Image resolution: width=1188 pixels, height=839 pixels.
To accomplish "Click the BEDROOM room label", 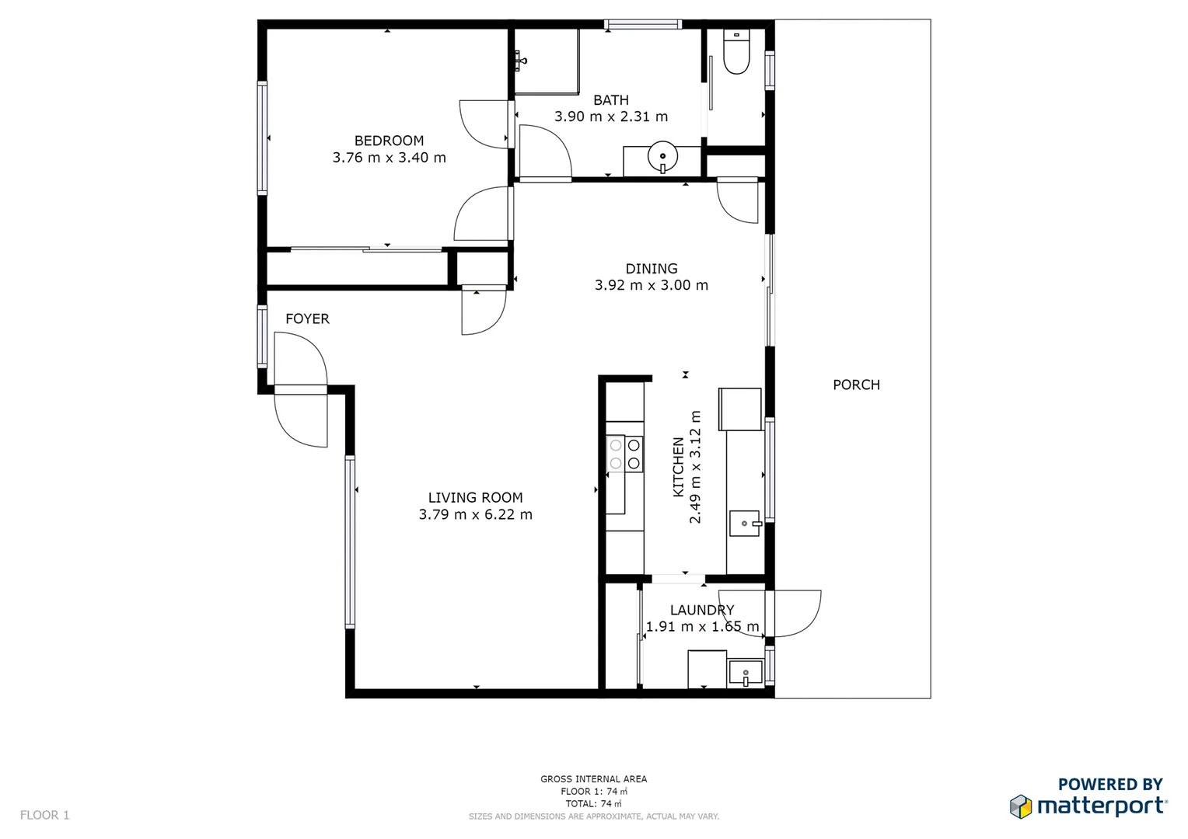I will tap(389, 141).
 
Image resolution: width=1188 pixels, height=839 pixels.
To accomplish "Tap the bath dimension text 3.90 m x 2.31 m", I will tap(611, 117).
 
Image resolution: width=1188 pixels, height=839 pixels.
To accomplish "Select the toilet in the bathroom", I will tap(736, 53).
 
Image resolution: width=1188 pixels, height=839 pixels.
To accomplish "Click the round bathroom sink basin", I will tap(662, 156).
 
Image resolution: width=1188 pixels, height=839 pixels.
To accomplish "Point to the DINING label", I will tap(652, 269).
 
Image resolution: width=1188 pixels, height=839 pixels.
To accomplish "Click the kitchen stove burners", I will tap(625, 454).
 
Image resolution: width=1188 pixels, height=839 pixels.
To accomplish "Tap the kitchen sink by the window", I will tap(745, 524).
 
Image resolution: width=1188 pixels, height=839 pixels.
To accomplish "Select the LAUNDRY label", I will tap(702, 610).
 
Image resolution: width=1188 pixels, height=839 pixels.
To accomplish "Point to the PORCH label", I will tap(856, 385).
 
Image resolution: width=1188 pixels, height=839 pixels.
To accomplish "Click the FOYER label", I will tap(307, 319).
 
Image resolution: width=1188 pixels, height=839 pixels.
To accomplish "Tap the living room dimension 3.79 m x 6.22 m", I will tap(476, 514).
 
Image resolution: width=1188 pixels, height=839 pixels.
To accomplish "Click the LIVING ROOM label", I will tap(476, 497).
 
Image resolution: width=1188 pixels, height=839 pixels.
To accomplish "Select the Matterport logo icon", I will tap(1021, 806).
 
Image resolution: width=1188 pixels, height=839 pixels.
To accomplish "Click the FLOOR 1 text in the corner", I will tap(44, 815).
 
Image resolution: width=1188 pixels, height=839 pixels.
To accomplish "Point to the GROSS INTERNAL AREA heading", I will tap(594, 778).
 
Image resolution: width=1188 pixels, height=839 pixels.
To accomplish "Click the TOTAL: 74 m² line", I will tap(594, 803).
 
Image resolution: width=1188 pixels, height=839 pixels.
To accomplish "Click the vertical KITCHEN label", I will tap(678, 467).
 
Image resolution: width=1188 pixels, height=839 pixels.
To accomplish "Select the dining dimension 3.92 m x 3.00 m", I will tap(652, 285).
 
